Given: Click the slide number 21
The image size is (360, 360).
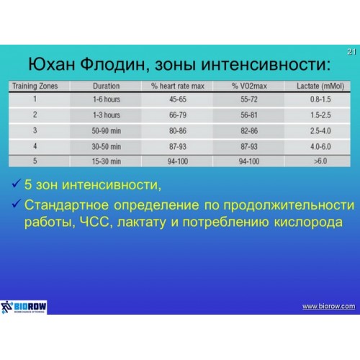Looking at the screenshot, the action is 351,52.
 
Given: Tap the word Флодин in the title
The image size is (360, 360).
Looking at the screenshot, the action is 112,64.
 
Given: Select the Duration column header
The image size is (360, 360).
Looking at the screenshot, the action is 106,86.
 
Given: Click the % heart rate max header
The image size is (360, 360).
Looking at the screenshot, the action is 178,86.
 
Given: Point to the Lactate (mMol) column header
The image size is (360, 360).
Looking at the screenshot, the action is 320,86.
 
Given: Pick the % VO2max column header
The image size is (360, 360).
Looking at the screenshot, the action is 249,86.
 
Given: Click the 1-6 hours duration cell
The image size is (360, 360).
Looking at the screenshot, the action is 107,99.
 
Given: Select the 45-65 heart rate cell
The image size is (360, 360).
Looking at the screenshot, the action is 178,99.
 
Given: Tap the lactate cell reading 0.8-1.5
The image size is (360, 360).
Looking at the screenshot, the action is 320,99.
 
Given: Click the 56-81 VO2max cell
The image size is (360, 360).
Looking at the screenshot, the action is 249,115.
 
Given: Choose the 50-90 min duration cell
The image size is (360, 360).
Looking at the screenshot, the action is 107,131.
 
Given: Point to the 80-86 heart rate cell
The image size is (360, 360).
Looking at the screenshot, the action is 178,131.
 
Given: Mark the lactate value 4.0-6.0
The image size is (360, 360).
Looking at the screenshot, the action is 320,146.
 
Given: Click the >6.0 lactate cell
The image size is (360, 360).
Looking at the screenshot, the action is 320,161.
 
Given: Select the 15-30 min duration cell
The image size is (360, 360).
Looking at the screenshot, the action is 107,161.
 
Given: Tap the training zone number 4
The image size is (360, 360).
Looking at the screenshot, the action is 35,146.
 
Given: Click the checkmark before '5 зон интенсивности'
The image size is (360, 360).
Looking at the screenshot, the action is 16,184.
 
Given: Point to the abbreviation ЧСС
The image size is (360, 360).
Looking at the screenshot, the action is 94,222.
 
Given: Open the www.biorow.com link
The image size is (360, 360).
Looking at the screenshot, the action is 328,306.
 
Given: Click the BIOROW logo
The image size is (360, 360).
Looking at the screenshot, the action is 24,307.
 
